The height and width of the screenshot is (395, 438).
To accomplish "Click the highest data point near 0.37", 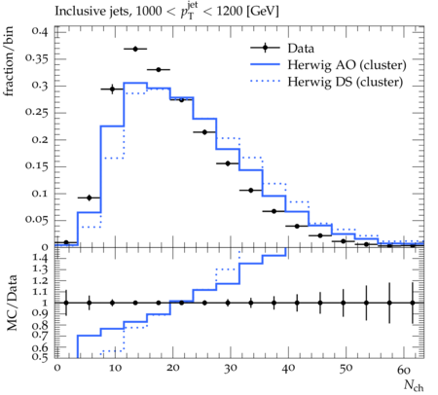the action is click(x=135, y=49).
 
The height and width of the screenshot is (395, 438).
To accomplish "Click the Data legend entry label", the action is click(x=301, y=49).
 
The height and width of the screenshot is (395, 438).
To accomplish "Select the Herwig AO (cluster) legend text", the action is click(x=347, y=65).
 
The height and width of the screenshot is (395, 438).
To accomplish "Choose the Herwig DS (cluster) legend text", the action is click(x=346, y=82).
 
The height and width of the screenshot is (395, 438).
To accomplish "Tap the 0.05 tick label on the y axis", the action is click(x=36, y=220).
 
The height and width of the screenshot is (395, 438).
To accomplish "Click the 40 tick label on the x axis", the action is click(x=288, y=368).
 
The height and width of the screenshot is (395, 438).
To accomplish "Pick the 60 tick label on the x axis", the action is click(x=404, y=370).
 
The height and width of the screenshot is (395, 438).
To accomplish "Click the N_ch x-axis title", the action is click(x=414, y=385).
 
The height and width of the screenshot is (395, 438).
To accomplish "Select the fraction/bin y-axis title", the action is click(x=9, y=61).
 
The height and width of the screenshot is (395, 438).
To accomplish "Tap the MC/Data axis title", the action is click(x=12, y=303).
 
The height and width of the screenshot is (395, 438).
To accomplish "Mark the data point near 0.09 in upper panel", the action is click(x=90, y=197).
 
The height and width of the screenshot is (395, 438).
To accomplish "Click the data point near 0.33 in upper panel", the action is click(x=159, y=70).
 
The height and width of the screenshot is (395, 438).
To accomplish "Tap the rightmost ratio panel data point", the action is click(x=413, y=303).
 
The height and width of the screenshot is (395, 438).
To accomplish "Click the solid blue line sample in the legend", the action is click(x=265, y=64).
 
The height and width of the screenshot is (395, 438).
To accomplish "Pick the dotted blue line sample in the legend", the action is click(x=265, y=82).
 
